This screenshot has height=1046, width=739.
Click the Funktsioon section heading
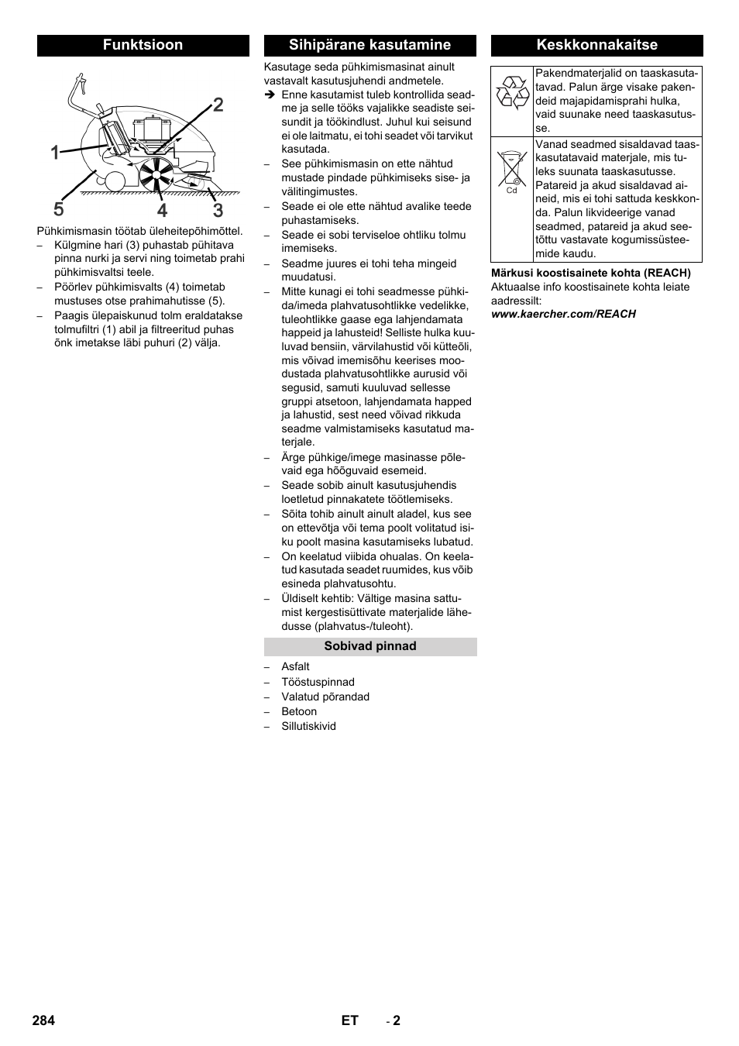[x=143, y=45]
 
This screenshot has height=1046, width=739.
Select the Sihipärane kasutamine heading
[x=369, y=45]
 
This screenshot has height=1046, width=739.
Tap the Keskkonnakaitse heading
[x=596, y=45]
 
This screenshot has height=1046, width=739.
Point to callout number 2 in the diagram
[x=218, y=105]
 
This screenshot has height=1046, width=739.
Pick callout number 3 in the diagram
[x=218, y=209]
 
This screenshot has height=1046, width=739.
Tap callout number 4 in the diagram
[x=162, y=210]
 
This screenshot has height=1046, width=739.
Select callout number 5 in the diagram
[x=59, y=209]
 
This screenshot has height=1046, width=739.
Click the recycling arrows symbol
[x=512, y=91]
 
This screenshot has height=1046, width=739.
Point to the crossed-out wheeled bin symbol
[x=512, y=169]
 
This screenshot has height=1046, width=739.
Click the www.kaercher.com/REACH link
[x=563, y=314]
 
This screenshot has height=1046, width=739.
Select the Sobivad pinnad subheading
[x=369, y=646]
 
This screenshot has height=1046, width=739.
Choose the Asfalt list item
[x=295, y=666]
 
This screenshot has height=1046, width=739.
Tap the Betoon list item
[x=299, y=711]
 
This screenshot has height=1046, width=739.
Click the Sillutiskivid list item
[x=308, y=726]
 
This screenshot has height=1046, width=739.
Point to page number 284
[x=43, y=1020]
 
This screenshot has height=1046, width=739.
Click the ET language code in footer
[x=349, y=1020]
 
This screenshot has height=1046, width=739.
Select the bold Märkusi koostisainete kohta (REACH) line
[x=590, y=273]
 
